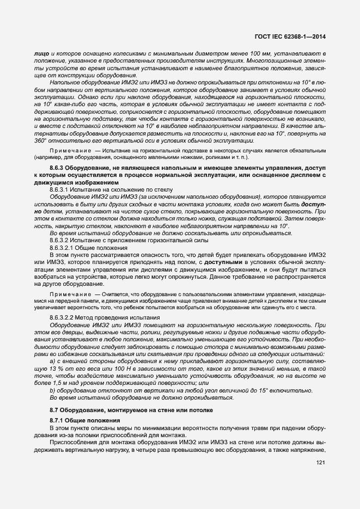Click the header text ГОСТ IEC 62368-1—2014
pyautogui.click(x=294, y=37)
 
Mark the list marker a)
pyautogui.click(x=52, y=361)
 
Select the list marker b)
pyautogui.click(x=52, y=390)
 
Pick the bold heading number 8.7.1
pyautogui.click(x=58, y=420)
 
